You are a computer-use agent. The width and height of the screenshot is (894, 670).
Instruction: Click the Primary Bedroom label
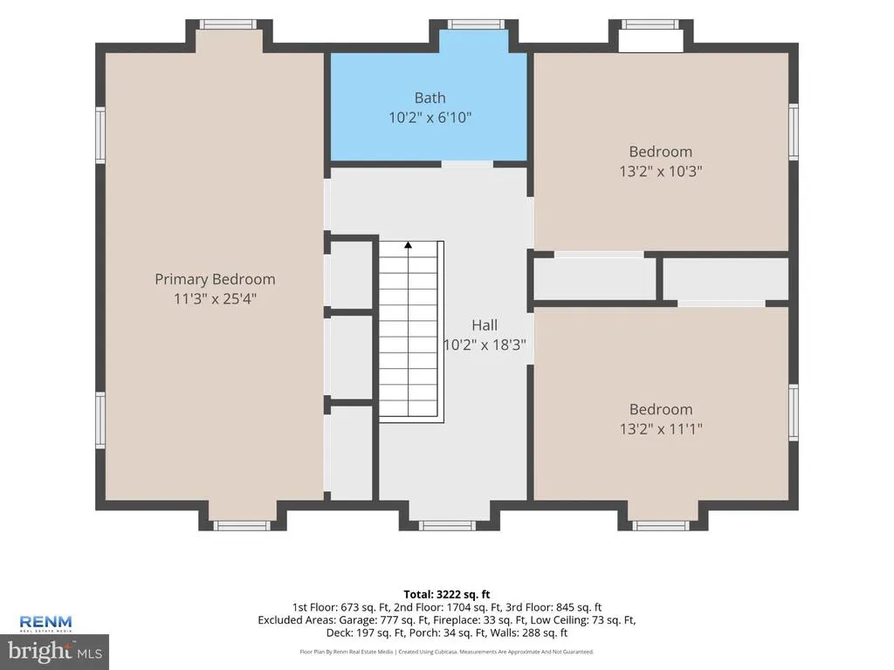point(215,279)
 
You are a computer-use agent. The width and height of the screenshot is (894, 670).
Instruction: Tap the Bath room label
point(430,98)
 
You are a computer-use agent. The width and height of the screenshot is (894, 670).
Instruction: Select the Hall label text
point(485,325)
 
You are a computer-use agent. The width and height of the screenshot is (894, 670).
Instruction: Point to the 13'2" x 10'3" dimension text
point(661,171)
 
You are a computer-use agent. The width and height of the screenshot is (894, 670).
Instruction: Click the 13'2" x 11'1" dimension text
point(661,428)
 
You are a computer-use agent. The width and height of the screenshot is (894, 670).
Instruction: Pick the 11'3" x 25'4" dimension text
point(215,298)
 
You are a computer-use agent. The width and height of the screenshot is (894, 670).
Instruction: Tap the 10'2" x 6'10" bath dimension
point(430,118)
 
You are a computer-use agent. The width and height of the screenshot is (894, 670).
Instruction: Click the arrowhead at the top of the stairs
point(409,245)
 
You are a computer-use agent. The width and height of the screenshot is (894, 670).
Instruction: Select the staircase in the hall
point(412,332)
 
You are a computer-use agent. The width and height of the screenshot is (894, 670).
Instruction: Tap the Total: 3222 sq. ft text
point(447,595)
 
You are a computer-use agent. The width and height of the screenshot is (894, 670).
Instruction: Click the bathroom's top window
point(476,24)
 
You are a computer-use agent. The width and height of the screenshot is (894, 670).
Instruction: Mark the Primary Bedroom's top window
point(228,24)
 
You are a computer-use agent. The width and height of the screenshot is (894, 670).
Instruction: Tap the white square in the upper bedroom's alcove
point(650,41)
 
